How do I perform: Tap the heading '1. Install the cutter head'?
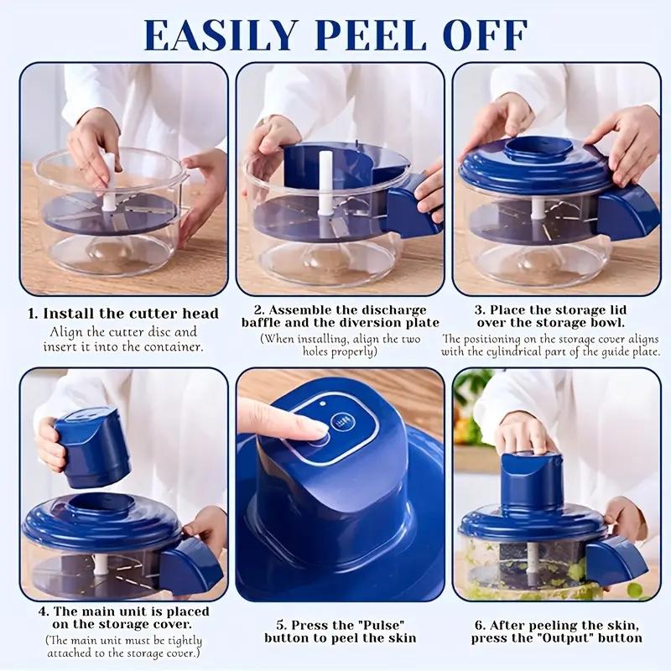pos(123,314)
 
